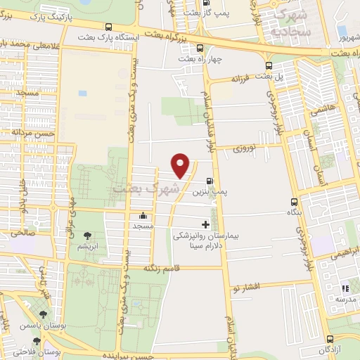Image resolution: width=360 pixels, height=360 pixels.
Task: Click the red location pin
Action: pos(181,165)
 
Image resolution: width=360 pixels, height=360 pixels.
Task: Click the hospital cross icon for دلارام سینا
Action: pos(205,225)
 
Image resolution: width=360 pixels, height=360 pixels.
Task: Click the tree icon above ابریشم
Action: pos(87,237)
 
